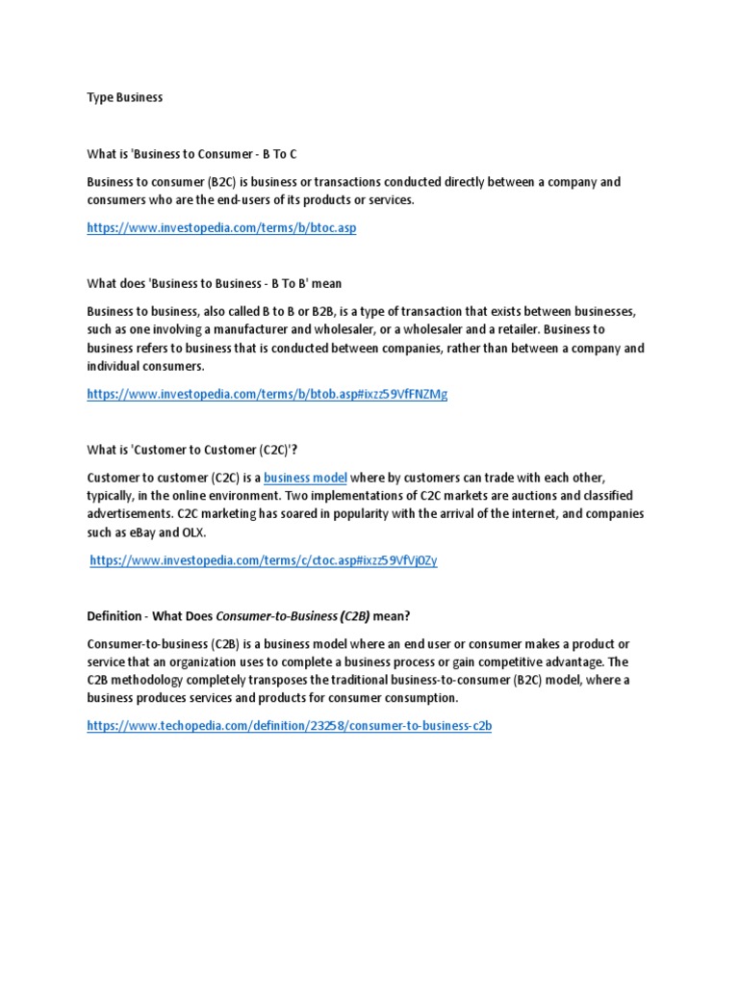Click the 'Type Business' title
coord(124,97)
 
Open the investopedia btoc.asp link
coord(221,228)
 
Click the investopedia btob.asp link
coord(267,394)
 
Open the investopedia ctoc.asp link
coord(264,560)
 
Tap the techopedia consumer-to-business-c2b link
coord(289,726)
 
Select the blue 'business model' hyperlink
coord(305,478)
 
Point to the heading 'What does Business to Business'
coord(214,283)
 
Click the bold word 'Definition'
coord(114,615)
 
